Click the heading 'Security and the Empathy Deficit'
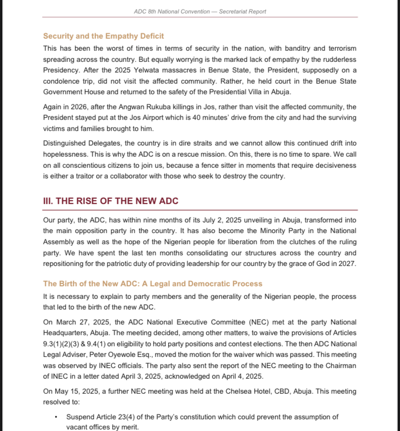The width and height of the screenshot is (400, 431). pos(103,36)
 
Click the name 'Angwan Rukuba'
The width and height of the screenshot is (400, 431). pos(143,107)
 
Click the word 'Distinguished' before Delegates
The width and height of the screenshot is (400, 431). pos(64,144)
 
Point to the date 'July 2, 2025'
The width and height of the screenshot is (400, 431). pos(216,220)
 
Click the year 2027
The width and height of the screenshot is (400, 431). pos(348,264)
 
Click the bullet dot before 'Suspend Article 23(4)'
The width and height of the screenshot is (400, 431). pos(56,417)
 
